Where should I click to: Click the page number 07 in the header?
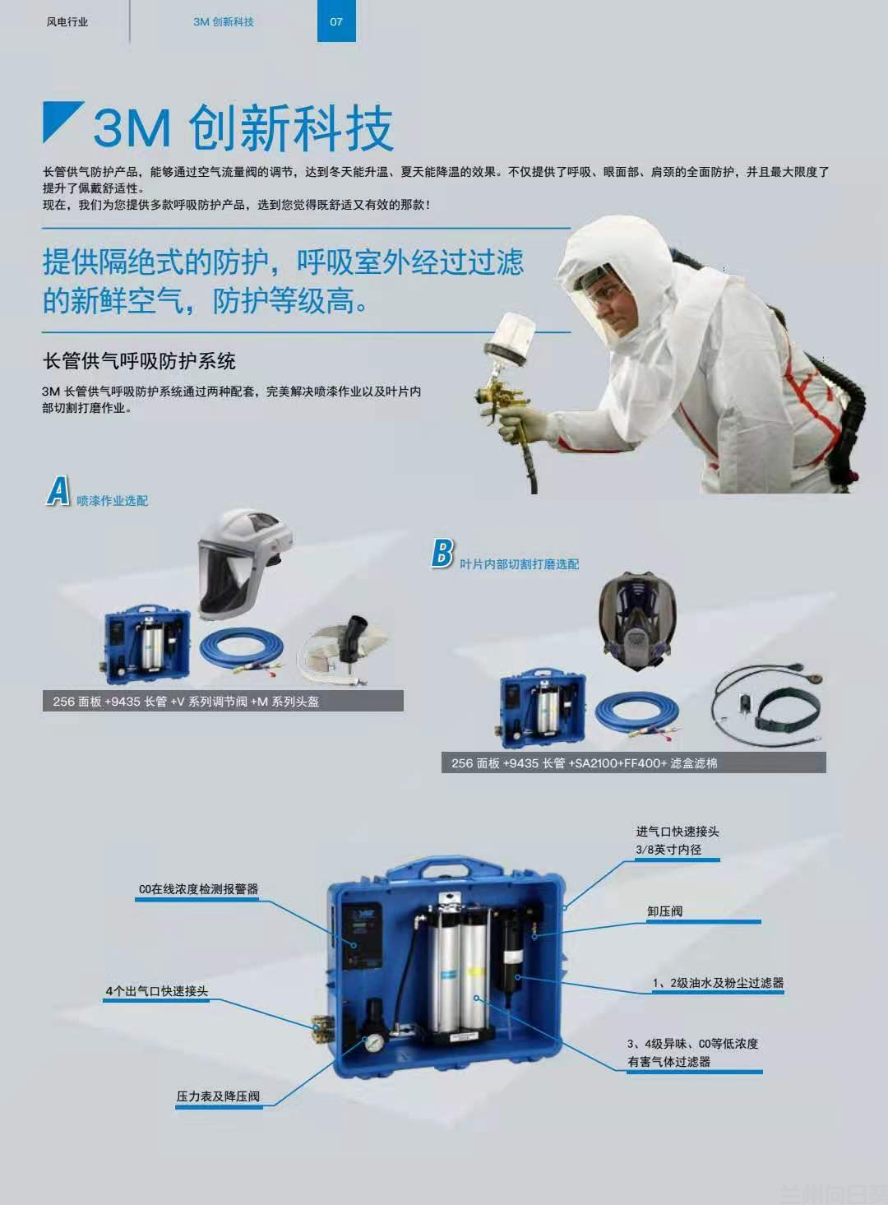(336, 21)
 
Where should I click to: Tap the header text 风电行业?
(67, 22)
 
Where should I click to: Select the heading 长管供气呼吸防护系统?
(139, 361)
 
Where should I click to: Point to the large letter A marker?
(58, 491)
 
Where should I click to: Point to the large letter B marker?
(442, 553)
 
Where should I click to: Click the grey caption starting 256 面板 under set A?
(222, 702)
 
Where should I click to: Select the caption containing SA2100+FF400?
(633, 763)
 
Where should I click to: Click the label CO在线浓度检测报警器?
(198, 889)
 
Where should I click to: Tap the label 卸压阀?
(664, 911)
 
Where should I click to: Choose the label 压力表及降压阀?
(218, 1096)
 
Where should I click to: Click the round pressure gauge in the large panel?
(375, 1041)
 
